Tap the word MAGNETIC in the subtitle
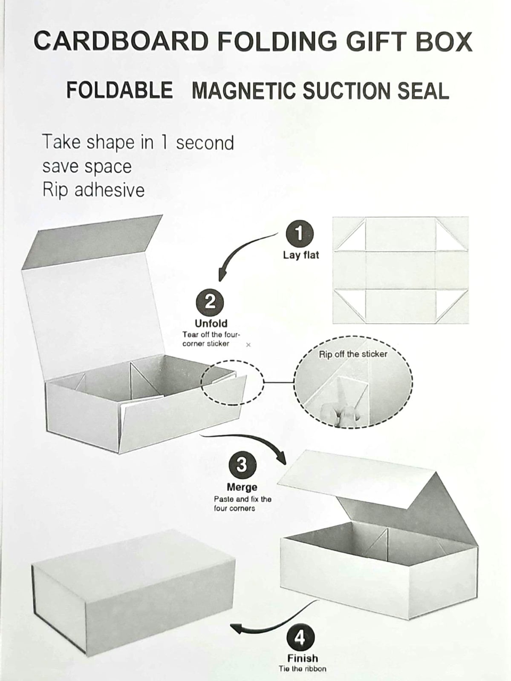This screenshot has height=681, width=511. point(244,91)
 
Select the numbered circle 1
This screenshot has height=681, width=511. point(300,234)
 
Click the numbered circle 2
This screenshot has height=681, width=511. point(210,302)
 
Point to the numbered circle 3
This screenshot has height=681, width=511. point(243,465)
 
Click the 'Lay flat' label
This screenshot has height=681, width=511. point(301,255)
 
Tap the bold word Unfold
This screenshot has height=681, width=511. point(211,323)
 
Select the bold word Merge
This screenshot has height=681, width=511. point(242,487)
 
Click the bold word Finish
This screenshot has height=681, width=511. point(302,658)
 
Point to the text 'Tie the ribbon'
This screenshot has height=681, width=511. point(302,668)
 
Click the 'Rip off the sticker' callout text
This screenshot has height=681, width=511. point(353,354)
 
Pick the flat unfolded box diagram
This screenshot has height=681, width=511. point(401,270)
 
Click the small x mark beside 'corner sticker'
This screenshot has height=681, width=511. point(248,345)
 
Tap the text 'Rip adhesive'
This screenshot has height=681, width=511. point(93,190)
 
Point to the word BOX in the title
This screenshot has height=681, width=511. point(444,40)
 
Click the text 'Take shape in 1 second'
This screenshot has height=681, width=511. point(138,143)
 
